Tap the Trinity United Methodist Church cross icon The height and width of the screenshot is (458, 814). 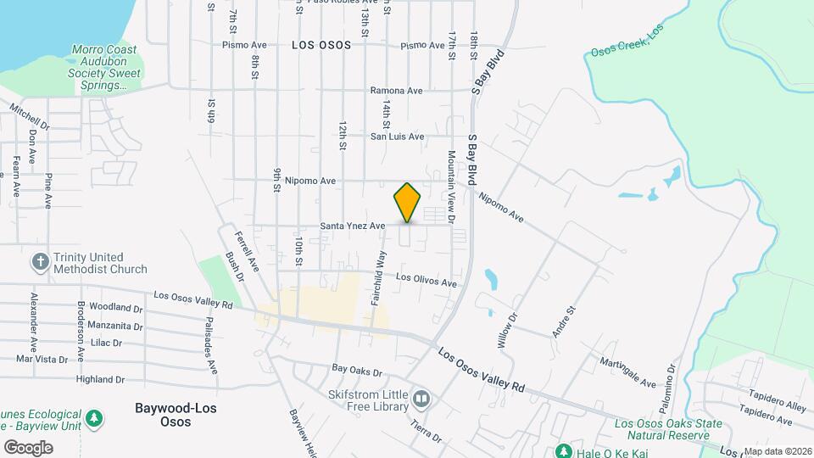pyautogui.click(x=40, y=262)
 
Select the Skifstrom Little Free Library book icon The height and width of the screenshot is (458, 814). pyautogui.click(x=421, y=398)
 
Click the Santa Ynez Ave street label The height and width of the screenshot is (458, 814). pyautogui.click(x=353, y=226)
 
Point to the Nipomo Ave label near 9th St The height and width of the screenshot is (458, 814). pyautogui.click(x=310, y=181)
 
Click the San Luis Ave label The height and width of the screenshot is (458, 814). pyautogui.click(x=397, y=136)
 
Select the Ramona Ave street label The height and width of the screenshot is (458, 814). pyautogui.click(x=396, y=91)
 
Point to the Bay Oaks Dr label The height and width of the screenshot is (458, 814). pyautogui.click(x=357, y=371)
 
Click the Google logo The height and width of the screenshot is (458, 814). pyautogui.click(x=28, y=447)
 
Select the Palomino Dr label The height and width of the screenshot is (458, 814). pyautogui.click(x=671, y=381)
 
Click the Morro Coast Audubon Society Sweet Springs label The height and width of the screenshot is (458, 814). pyautogui.click(x=105, y=68)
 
